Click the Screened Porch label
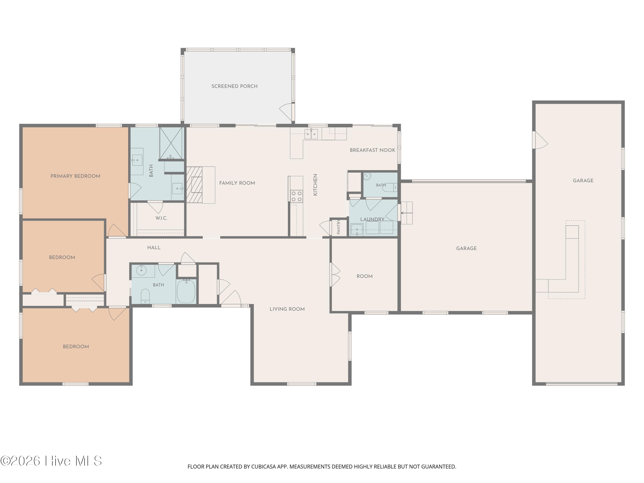click(x=234, y=86)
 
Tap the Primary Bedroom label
click(x=75, y=176)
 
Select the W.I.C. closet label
click(x=161, y=218)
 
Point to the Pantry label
click(x=339, y=227)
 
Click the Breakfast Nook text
click(x=372, y=150)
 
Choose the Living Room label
click(x=287, y=309)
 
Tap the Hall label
click(x=154, y=248)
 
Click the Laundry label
click(x=372, y=219)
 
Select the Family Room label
click(x=237, y=183)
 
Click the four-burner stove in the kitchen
click(x=297, y=196)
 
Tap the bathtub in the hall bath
click(x=186, y=291)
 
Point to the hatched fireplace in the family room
click(x=194, y=185)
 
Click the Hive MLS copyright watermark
click(x=51, y=461)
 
